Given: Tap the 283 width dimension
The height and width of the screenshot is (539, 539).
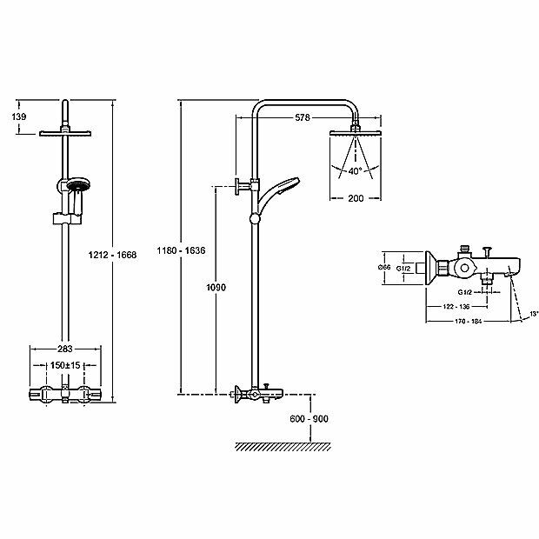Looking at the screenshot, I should pos(66,340).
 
